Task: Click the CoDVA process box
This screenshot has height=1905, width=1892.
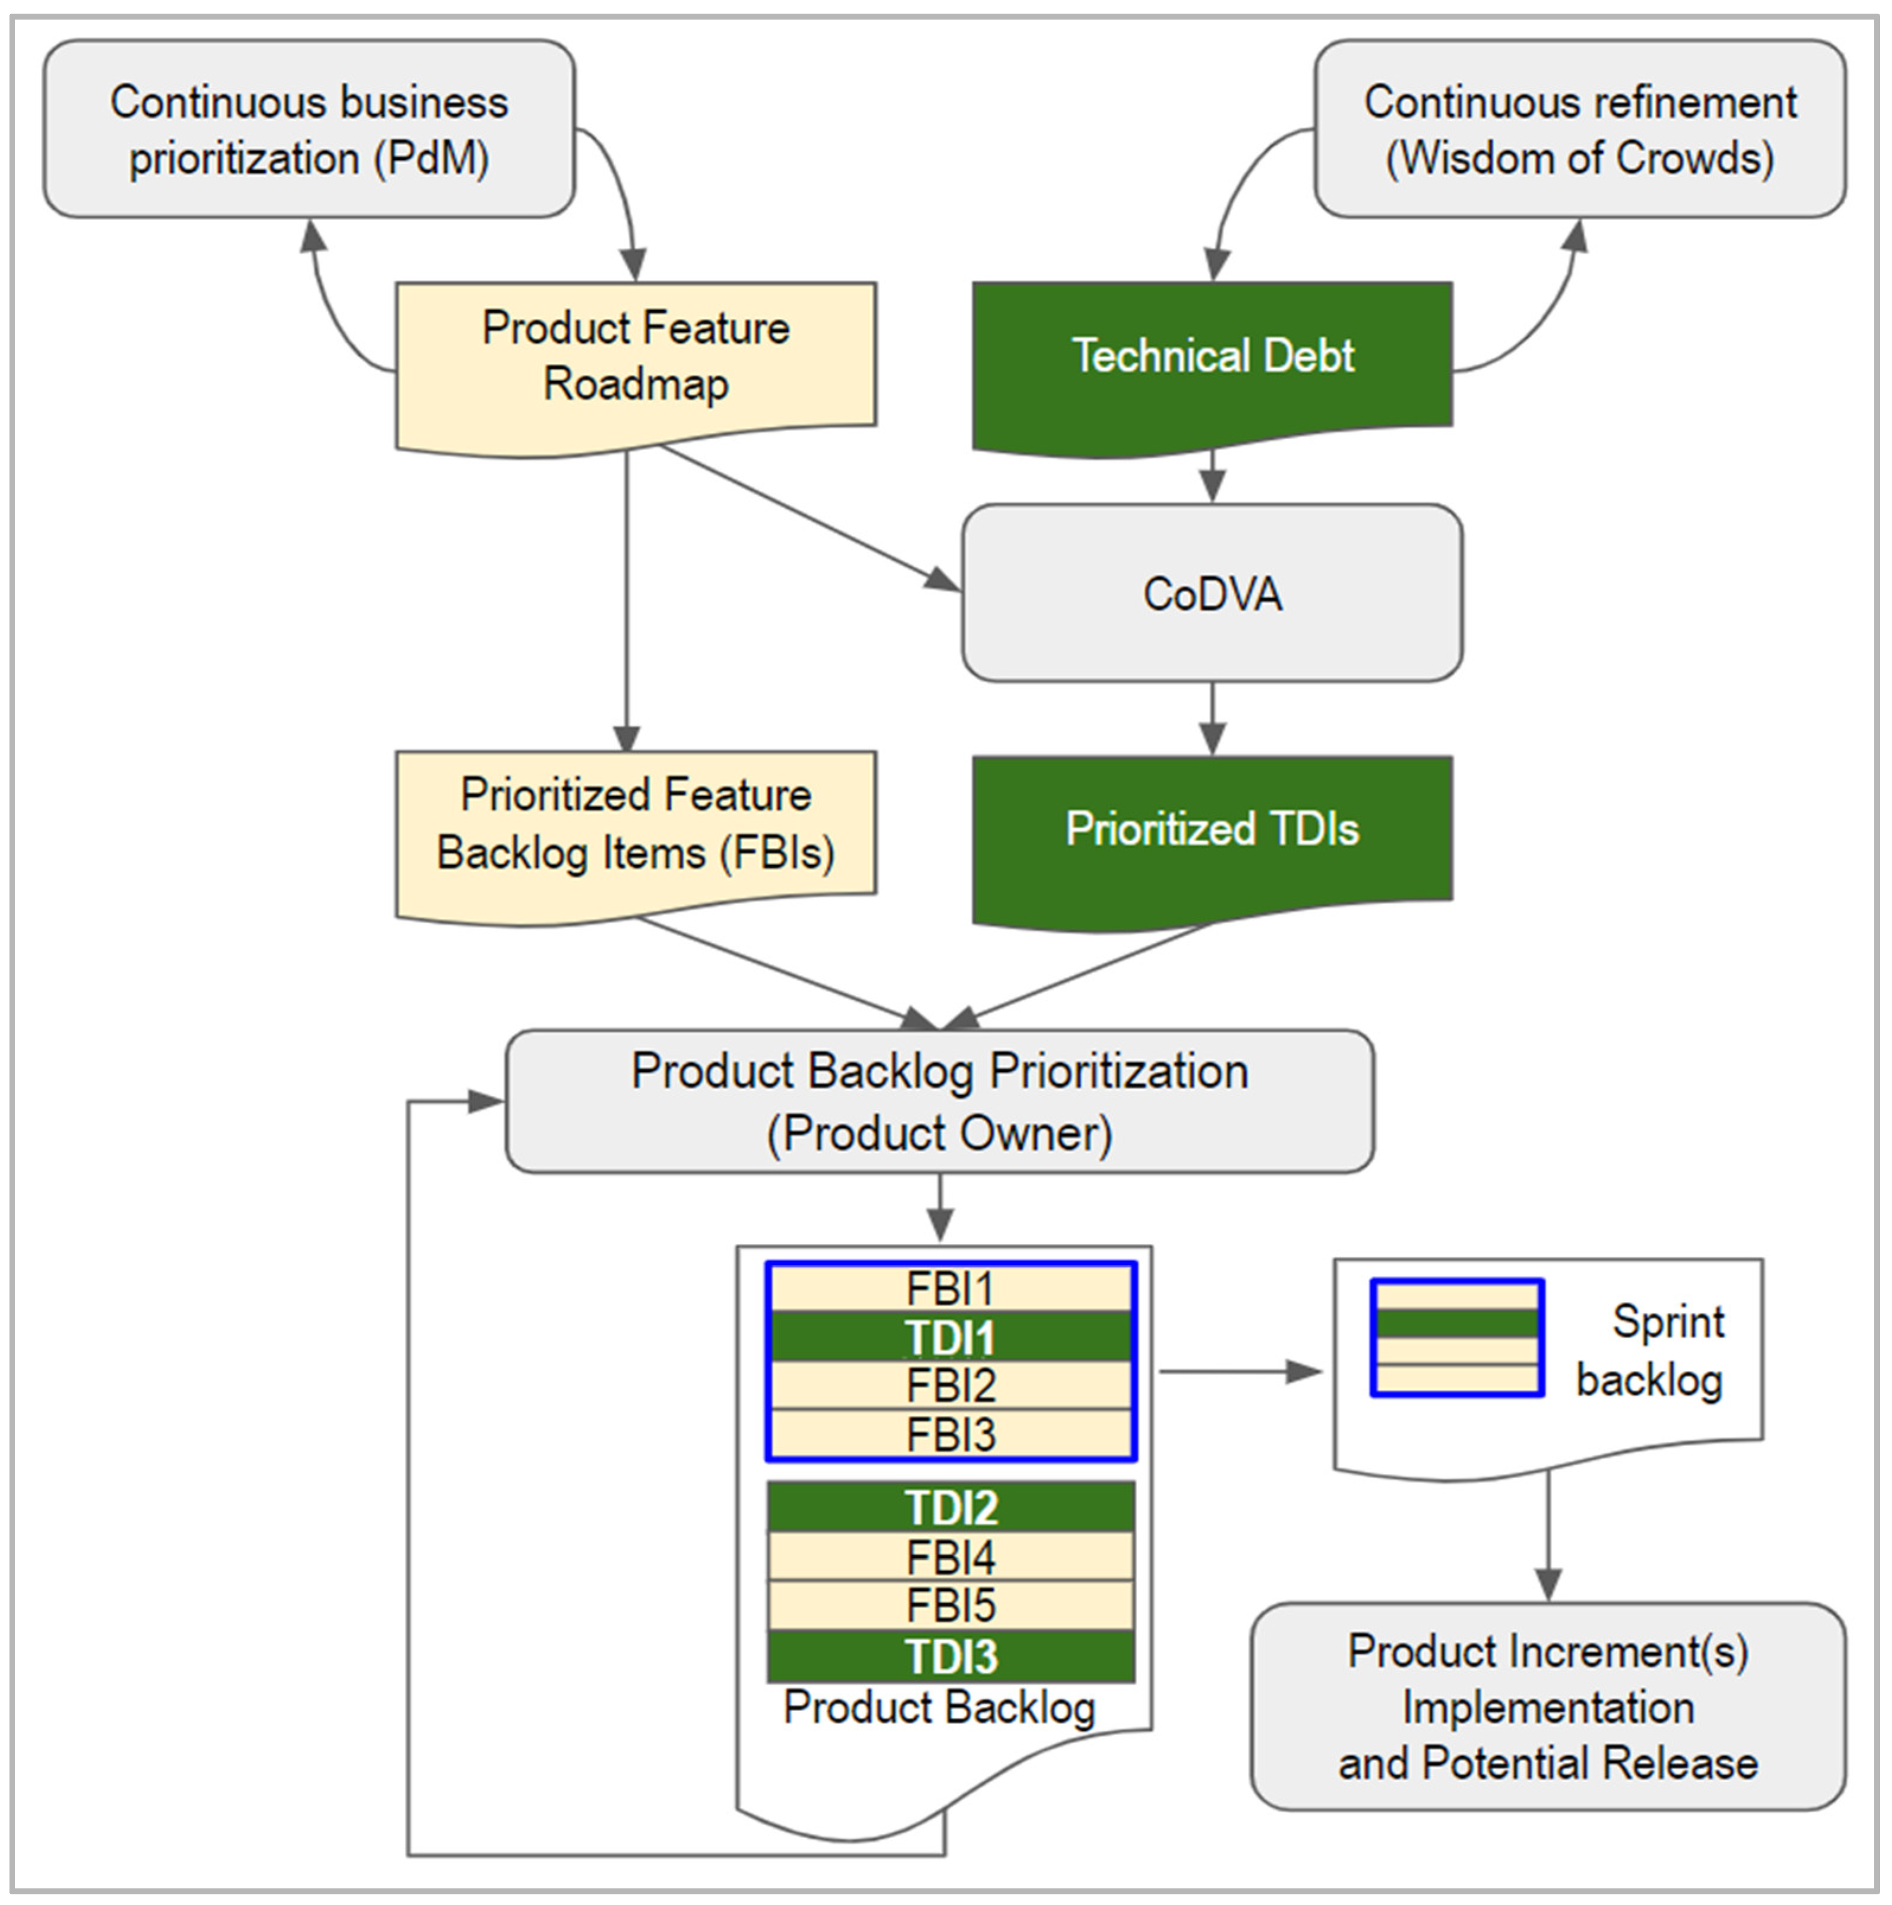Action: pyautogui.click(x=1212, y=593)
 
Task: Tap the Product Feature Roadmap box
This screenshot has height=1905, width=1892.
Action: pyautogui.click(x=636, y=357)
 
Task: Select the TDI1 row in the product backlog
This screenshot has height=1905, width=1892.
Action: pyautogui.click(x=950, y=1337)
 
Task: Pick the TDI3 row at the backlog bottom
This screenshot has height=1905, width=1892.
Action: pyautogui.click(x=950, y=1657)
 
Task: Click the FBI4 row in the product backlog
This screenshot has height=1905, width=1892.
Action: pyautogui.click(x=950, y=1558)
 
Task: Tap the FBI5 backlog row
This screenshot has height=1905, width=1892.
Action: pyautogui.click(x=950, y=1606)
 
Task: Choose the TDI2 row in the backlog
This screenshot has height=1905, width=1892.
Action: pyautogui.click(x=950, y=1508)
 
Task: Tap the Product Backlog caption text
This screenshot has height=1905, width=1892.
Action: pyautogui.click(x=939, y=1708)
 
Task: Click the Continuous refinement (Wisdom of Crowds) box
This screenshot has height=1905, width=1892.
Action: pyautogui.click(x=1580, y=129)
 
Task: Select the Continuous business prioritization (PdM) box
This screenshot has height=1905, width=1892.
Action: pyautogui.click(x=308, y=129)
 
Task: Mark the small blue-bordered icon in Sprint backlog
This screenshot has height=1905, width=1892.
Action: pyautogui.click(x=1456, y=1338)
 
